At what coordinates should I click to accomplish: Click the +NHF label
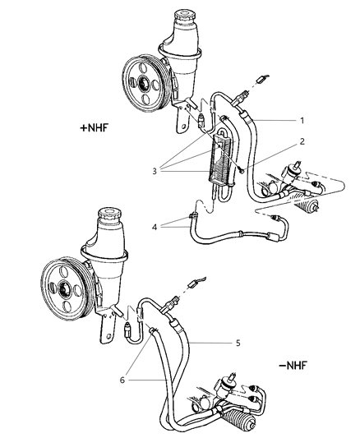(95, 127)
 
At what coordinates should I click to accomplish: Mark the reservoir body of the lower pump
(113, 263)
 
